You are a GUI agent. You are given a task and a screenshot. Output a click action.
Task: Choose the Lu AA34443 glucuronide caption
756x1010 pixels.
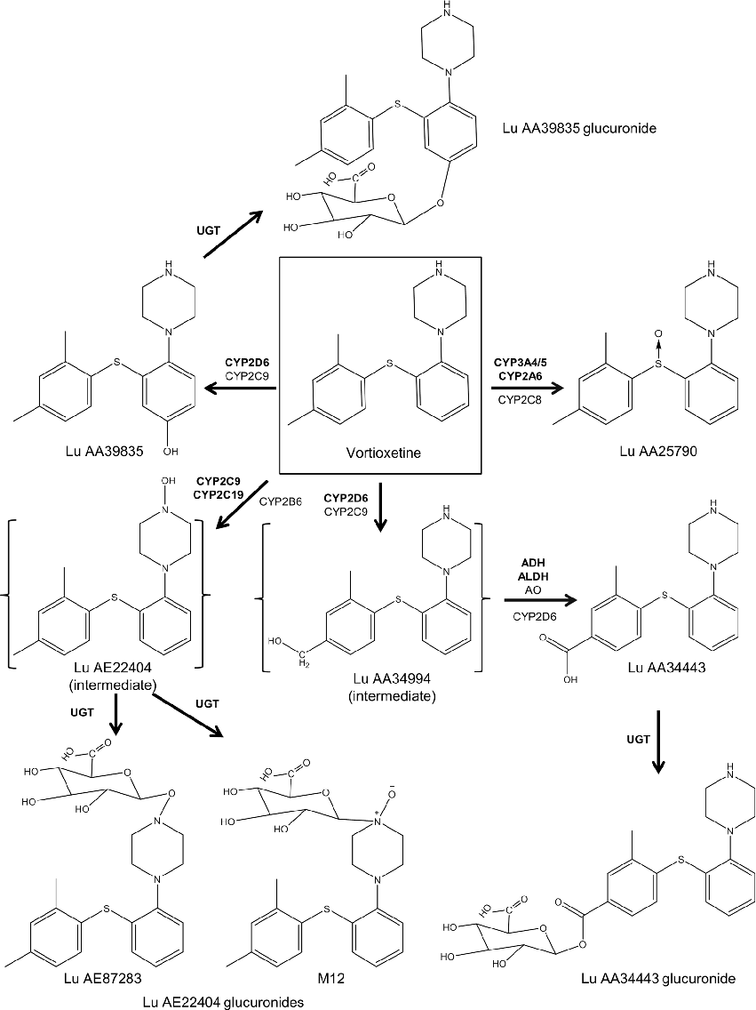657,980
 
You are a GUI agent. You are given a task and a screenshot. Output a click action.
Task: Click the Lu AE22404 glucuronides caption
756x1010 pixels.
222,1002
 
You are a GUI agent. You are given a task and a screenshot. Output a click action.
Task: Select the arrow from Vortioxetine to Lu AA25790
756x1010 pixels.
524,389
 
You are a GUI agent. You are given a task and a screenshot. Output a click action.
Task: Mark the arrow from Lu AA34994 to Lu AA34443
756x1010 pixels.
530,602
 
